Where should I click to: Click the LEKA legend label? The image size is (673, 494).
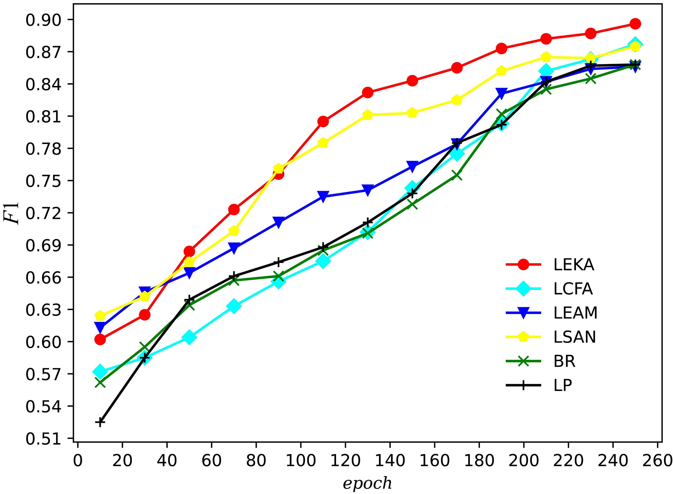coord(573,265)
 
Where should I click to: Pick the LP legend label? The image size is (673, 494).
coord(563,385)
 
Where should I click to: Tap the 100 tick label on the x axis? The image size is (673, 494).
coord(300,461)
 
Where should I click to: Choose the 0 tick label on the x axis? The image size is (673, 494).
coord(78,461)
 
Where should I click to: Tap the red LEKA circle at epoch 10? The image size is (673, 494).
coord(100,339)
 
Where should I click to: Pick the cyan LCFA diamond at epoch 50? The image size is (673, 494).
coord(189,337)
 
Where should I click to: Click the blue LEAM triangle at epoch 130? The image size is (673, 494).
coord(368,190)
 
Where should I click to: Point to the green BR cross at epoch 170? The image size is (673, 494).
coord(457,175)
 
